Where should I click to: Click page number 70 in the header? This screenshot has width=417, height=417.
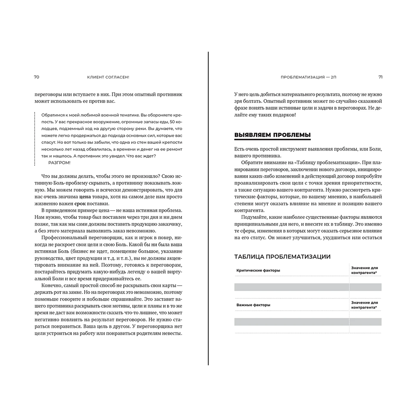[36, 77]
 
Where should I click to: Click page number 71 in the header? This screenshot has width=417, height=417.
[380, 77]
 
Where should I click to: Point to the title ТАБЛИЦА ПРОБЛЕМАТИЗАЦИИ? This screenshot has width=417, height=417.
[283, 256]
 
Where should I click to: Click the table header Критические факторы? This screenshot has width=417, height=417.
[258, 270]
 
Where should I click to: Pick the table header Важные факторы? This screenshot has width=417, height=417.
[253, 305]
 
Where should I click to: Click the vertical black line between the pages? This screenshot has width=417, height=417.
[208, 208]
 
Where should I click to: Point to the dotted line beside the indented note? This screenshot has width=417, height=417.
[34, 138]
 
